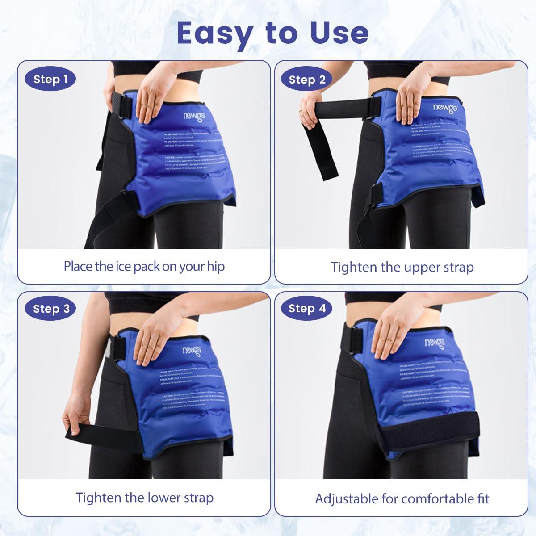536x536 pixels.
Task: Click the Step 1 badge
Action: [50, 80]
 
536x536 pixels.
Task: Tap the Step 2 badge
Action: [307, 80]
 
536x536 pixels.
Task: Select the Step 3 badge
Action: [51, 309]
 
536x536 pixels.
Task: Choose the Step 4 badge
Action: [307, 309]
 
